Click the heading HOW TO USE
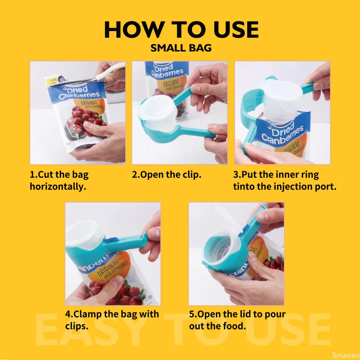click(181, 30)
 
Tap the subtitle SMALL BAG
click(181, 48)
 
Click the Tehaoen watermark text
click(345, 355)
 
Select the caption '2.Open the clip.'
click(166, 175)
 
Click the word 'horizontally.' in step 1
click(58, 186)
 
